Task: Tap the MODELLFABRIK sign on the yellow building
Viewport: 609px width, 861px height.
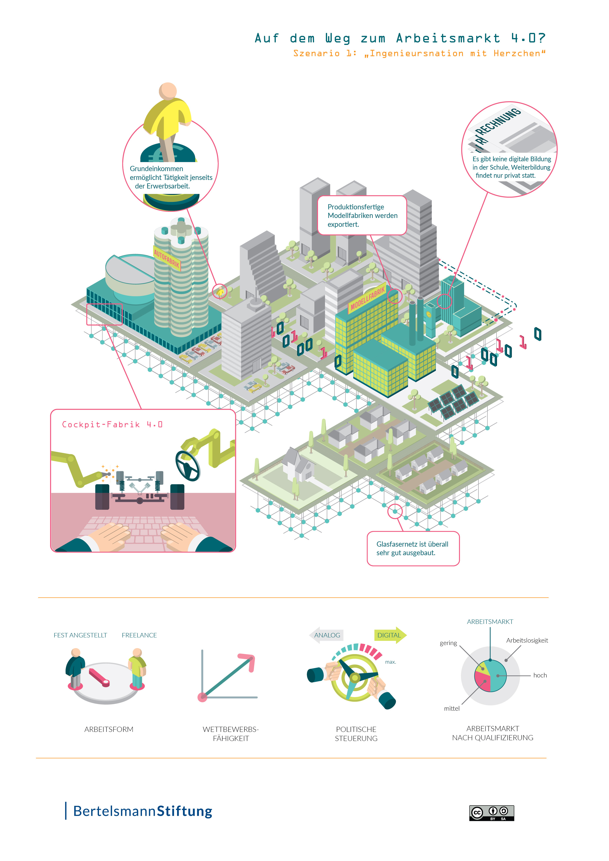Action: pos(367,298)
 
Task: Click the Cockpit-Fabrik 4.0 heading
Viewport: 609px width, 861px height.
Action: pos(112,425)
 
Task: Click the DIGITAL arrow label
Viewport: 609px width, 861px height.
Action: pos(389,635)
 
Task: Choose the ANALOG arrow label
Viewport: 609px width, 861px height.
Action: pos(327,635)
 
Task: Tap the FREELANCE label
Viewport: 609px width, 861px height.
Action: pos(139,635)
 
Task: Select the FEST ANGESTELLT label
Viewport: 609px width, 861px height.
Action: pos(80,635)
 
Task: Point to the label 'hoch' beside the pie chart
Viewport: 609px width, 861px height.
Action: pos(540,675)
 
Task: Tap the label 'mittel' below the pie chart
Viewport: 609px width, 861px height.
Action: pos(452,708)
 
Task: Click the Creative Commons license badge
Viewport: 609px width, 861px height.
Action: pos(492,813)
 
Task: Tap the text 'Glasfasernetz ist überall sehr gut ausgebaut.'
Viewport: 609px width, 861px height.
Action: pos(412,548)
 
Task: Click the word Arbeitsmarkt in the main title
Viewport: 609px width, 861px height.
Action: pos(448,38)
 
